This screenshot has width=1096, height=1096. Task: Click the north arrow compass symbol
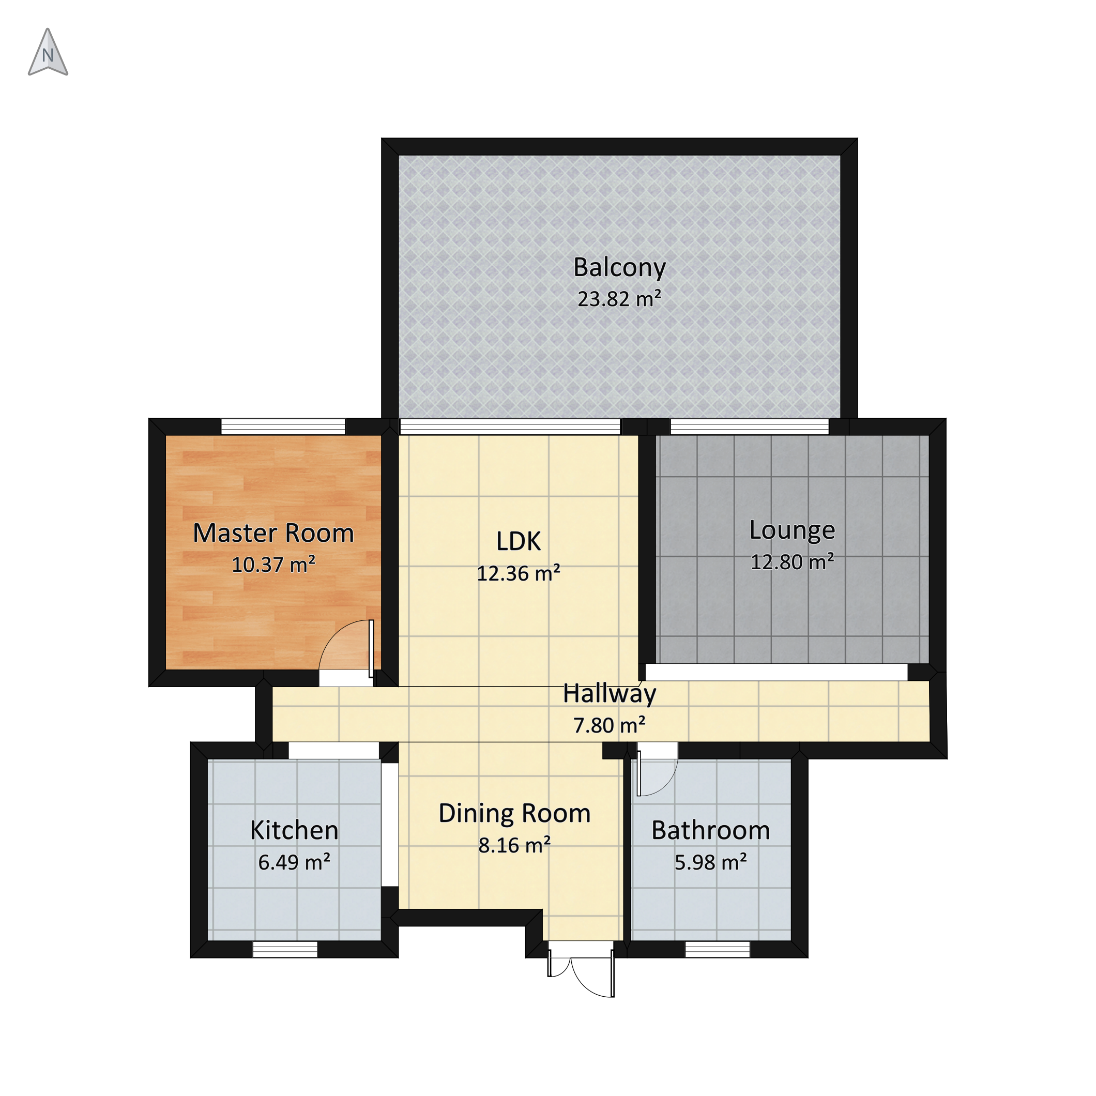pos(48,52)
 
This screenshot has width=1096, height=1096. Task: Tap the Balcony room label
pos(619,268)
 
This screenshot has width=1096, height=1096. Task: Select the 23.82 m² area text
pos(619,299)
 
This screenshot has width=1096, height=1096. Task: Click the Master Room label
pos(273,533)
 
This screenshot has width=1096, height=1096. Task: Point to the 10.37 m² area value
pos(273,565)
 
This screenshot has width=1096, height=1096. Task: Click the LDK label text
pos(519,542)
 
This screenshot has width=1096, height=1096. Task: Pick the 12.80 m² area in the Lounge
pos(793,561)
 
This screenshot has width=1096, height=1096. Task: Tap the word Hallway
pos(610,694)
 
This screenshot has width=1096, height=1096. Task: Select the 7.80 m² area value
pos(610,725)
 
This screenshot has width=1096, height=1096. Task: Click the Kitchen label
pos(295,830)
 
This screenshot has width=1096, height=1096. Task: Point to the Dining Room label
pos(514,814)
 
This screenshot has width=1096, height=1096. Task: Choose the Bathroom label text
pos(711,830)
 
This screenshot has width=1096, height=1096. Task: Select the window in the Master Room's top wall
pos(283,427)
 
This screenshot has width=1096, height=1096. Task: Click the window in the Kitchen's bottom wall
pos(285,949)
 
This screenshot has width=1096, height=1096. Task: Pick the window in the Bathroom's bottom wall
pos(718,949)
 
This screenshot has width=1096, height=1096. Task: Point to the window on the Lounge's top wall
pos(750,427)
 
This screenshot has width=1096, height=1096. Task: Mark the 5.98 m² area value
pos(711,862)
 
